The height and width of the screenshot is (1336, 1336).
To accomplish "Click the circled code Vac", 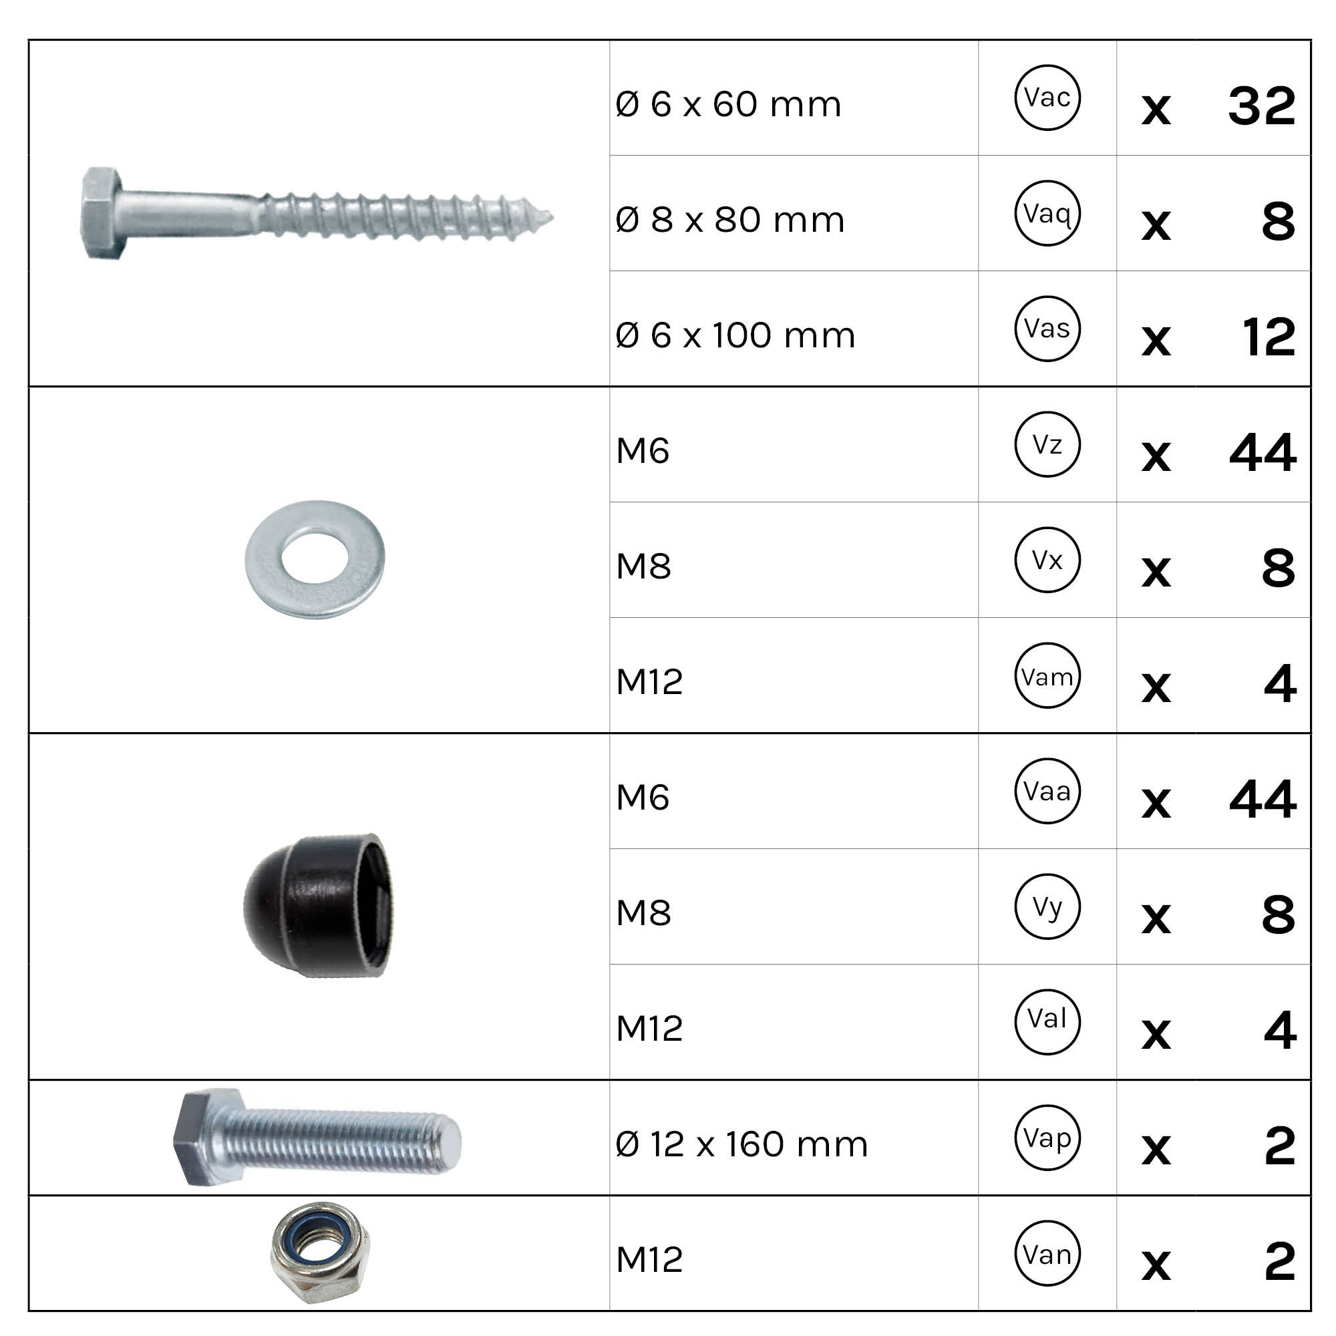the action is point(1047,98).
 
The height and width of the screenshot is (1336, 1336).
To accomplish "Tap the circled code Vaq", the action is point(1047,213).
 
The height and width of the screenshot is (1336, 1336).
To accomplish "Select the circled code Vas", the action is point(1047,329).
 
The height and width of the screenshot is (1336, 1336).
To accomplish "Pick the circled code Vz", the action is point(1047,444).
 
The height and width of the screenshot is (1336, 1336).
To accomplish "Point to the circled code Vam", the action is point(1047,675).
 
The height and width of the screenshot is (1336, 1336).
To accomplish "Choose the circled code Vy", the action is point(1047,906).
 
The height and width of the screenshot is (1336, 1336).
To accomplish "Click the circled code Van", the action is point(1047,1254).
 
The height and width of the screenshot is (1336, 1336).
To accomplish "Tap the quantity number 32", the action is point(1261,106).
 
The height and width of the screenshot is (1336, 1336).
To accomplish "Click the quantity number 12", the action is point(1269,337).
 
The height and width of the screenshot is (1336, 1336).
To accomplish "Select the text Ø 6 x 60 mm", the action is point(728,104).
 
